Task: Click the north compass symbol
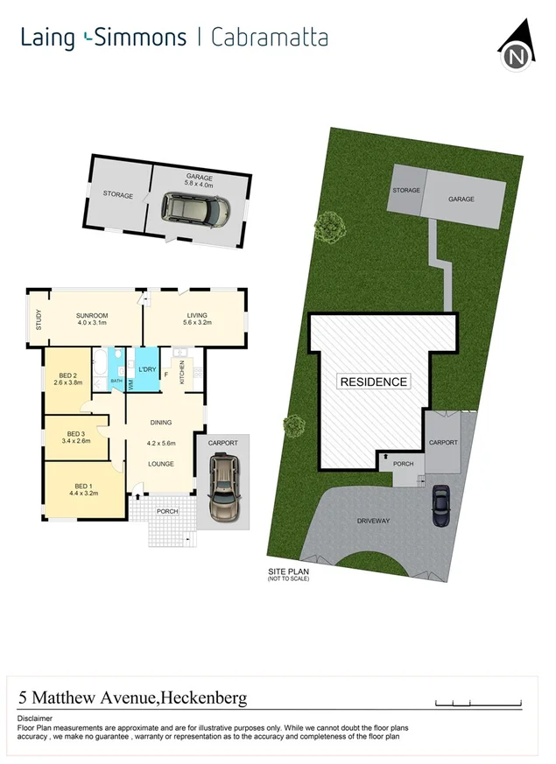pos(517,51)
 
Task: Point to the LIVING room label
pos(196,316)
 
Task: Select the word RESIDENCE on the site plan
pos(373,382)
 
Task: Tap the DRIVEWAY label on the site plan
pos(373,521)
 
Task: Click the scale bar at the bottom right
pos(478,702)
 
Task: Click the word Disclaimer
pos(35,718)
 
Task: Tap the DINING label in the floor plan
pos(160,421)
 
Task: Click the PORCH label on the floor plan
pos(166,511)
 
